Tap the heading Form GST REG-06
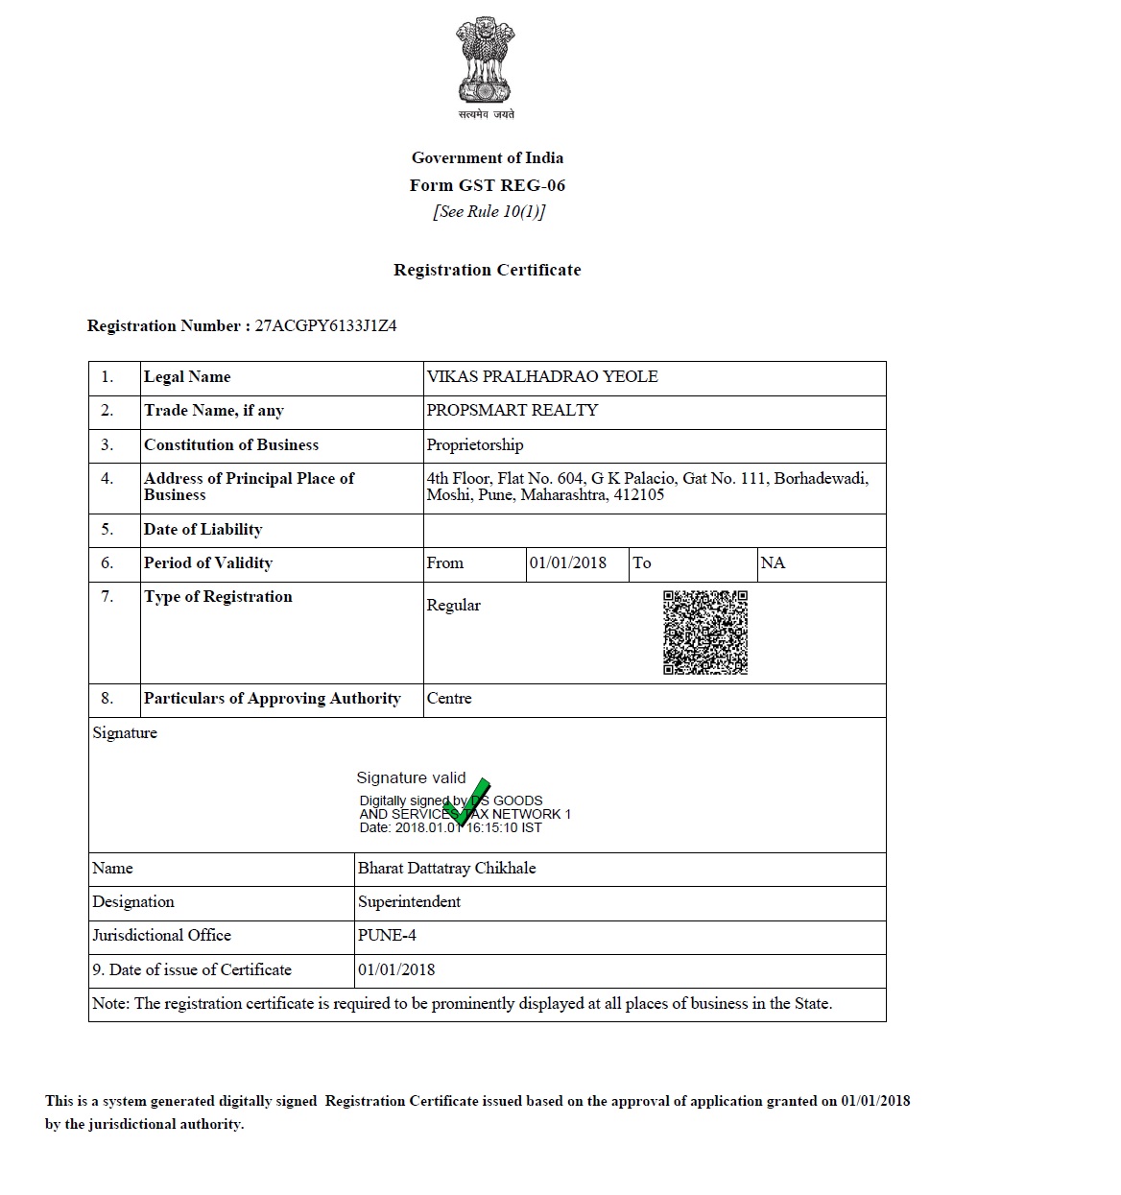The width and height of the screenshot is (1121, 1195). (x=488, y=185)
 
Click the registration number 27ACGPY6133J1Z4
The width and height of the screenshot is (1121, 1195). (x=325, y=325)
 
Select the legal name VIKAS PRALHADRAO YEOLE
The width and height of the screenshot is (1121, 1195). (x=542, y=376)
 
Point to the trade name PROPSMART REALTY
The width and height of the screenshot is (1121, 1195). (x=513, y=410)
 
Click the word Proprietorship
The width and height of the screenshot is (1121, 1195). (x=475, y=444)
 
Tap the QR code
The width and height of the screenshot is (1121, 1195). (x=705, y=633)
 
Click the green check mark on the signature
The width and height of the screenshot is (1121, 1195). (x=468, y=801)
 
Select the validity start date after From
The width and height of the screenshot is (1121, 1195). (x=568, y=562)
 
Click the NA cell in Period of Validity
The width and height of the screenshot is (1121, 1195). (x=773, y=562)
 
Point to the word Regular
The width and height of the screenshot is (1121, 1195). (x=453, y=605)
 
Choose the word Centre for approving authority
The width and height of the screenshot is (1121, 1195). (x=449, y=698)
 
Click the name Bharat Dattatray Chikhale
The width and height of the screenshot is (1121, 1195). (x=446, y=868)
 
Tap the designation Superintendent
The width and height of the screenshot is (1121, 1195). (x=409, y=901)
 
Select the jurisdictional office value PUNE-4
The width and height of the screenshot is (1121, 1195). (x=387, y=935)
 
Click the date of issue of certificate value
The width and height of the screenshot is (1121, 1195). (x=396, y=969)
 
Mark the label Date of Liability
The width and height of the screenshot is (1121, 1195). (x=203, y=529)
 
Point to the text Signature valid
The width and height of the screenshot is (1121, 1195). (x=411, y=777)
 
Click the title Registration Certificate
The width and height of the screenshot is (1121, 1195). (x=488, y=270)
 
